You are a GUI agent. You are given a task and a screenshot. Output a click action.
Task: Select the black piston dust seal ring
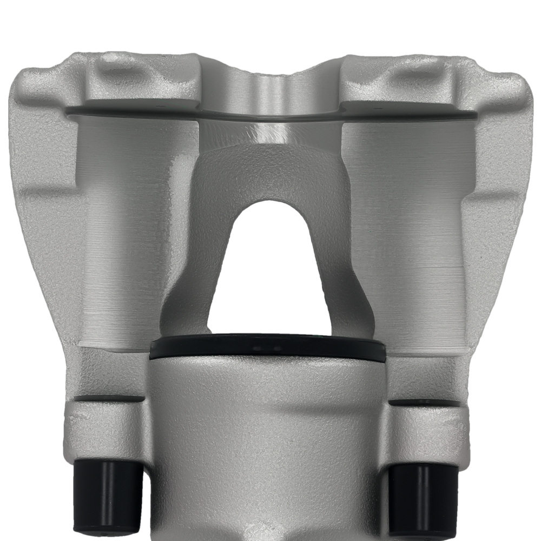pyautogui.click(x=268, y=349)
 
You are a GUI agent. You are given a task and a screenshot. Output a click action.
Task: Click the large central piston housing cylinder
pyautogui.click(x=268, y=444)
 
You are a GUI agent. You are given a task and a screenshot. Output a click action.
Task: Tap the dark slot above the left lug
pyautogui.click(x=105, y=399)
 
